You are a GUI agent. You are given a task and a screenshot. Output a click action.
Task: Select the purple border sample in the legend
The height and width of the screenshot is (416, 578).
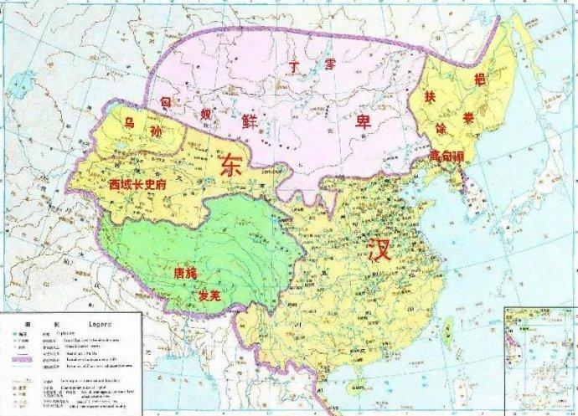(x=24, y=358)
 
